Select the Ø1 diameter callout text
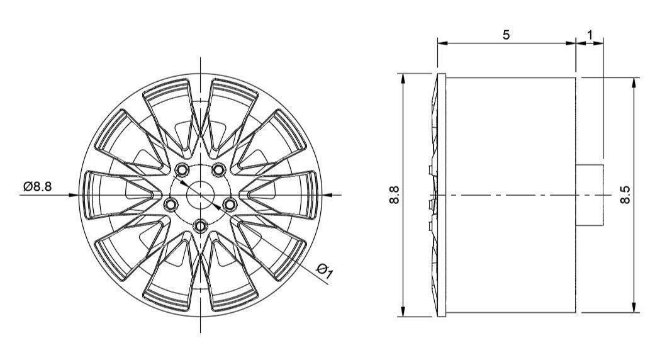[x=325, y=270]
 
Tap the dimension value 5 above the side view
[x=506, y=35]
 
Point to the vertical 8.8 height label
[x=394, y=195]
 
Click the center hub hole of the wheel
[x=200, y=194]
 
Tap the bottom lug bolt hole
[x=200, y=224]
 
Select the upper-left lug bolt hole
[x=182, y=170]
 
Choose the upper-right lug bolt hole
[x=218, y=169]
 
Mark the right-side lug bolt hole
[x=230, y=204]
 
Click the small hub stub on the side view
[x=590, y=194]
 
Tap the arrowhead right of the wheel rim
[x=325, y=194]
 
